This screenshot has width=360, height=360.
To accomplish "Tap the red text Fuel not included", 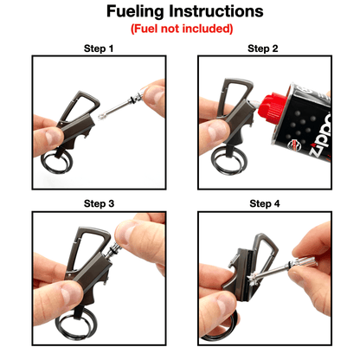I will coord(181,29).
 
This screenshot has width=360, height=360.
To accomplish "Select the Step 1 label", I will coord(98,48).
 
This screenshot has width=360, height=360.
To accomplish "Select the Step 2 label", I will coord(263,48).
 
